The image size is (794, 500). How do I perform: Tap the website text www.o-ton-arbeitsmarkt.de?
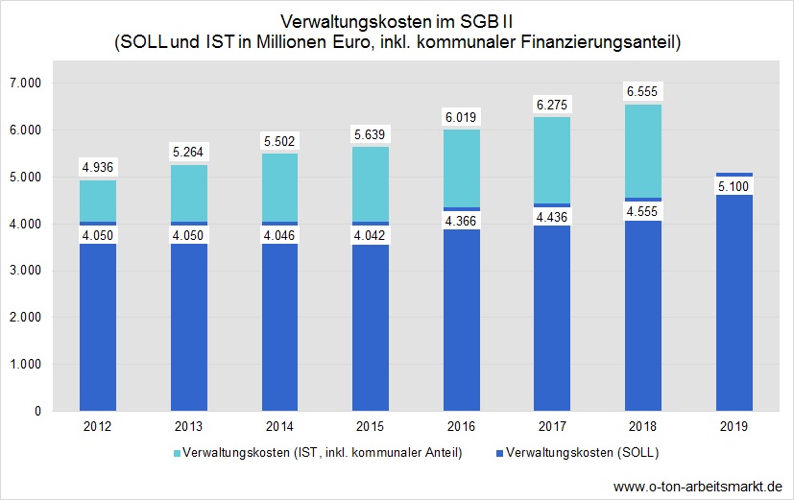pyautogui.click(x=697, y=485)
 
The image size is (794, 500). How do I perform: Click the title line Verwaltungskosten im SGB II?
pyautogui.click(x=397, y=21)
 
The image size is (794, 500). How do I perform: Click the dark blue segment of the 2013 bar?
pyautogui.click(x=189, y=326)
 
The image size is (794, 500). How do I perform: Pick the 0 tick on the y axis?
pyautogui.click(x=36, y=411)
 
